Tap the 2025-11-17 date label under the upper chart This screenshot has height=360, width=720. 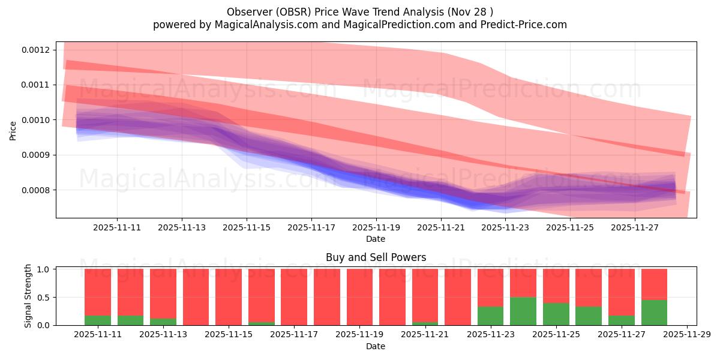311,228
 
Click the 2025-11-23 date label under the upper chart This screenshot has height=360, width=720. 506,228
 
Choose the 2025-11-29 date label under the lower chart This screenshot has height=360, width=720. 686,335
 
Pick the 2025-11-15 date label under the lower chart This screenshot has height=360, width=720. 229,335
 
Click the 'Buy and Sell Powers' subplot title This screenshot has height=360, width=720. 376,257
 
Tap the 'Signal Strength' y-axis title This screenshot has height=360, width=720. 28,296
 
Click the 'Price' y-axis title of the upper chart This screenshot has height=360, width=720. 13,130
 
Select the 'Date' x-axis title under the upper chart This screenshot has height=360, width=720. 376,239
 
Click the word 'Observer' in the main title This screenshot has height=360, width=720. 247,12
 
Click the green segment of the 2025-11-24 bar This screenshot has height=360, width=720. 523,311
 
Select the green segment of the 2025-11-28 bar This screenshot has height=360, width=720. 654,313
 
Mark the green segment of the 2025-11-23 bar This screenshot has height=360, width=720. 490,316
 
